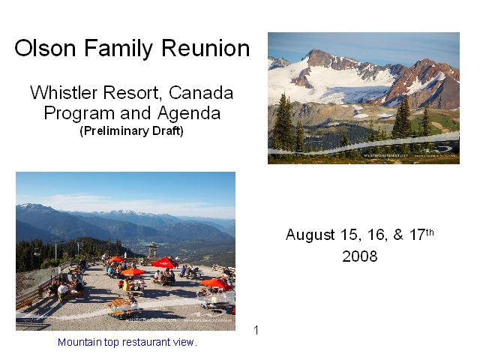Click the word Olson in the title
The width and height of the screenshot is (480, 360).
click(45, 48)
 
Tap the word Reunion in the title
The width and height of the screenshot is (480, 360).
click(205, 48)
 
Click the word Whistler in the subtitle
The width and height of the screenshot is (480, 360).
click(64, 92)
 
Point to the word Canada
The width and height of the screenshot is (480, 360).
click(201, 92)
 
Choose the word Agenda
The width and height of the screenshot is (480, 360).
click(189, 114)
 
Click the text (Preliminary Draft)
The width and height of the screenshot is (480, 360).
click(132, 131)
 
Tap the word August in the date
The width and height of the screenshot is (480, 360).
click(310, 235)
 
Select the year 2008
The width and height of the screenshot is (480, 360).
click(360, 256)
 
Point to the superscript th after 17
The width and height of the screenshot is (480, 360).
click(430, 232)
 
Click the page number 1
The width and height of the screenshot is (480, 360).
click(256, 330)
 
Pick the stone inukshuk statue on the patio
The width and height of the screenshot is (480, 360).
click(153, 250)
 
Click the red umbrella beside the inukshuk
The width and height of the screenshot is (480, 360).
click(165, 262)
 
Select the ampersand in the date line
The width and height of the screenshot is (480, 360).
click(398, 235)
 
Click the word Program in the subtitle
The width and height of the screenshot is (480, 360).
click(80, 114)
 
